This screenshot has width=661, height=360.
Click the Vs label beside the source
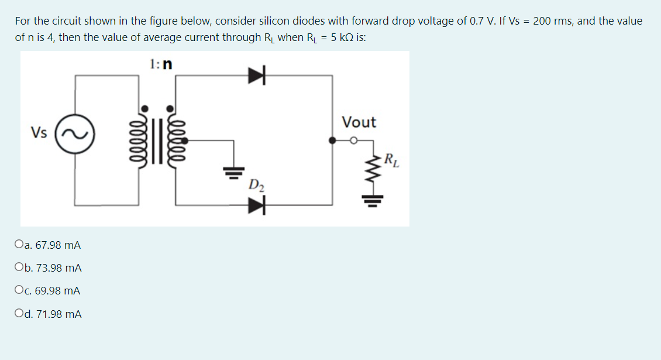click(x=40, y=132)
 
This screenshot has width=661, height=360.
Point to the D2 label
click(x=256, y=186)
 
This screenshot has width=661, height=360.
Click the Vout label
click(x=359, y=122)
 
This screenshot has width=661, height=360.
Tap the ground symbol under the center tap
click(x=233, y=172)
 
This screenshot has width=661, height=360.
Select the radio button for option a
click(x=20, y=245)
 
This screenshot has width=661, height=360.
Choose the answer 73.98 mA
click(x=58, y=268)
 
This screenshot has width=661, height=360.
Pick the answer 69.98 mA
click(x=58, y=291)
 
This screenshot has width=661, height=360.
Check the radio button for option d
click(x=20, y=314)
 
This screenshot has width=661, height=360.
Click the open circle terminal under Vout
click(x=353, y=140)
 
